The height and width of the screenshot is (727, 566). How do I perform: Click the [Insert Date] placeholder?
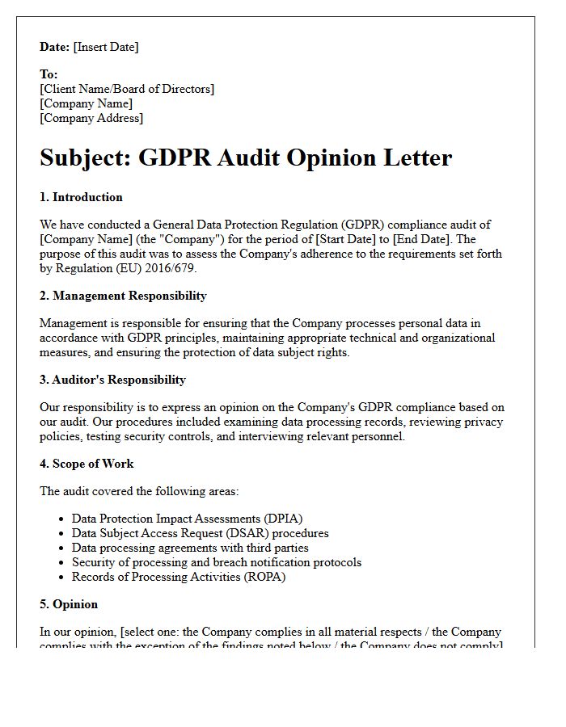click(106, 47)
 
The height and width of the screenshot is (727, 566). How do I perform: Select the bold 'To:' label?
click(49, 74)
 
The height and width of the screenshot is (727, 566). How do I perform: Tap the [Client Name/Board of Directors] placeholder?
click(127, 89)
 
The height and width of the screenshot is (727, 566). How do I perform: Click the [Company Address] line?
click(91, 118)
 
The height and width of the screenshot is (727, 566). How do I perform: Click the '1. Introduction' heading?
click(81, 197)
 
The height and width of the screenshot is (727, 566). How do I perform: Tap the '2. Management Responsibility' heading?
click(123, 296)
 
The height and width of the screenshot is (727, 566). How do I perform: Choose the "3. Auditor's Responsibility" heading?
click(112, 380)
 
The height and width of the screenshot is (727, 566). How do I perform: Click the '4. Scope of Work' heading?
click(87, 464)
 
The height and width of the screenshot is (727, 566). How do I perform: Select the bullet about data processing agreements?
click(190, 548)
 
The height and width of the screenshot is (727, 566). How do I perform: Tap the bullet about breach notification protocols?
click(216, 562)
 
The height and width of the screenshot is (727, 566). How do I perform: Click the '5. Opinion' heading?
click(69, 604)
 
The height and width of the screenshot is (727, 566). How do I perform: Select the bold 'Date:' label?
click(55, 47)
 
